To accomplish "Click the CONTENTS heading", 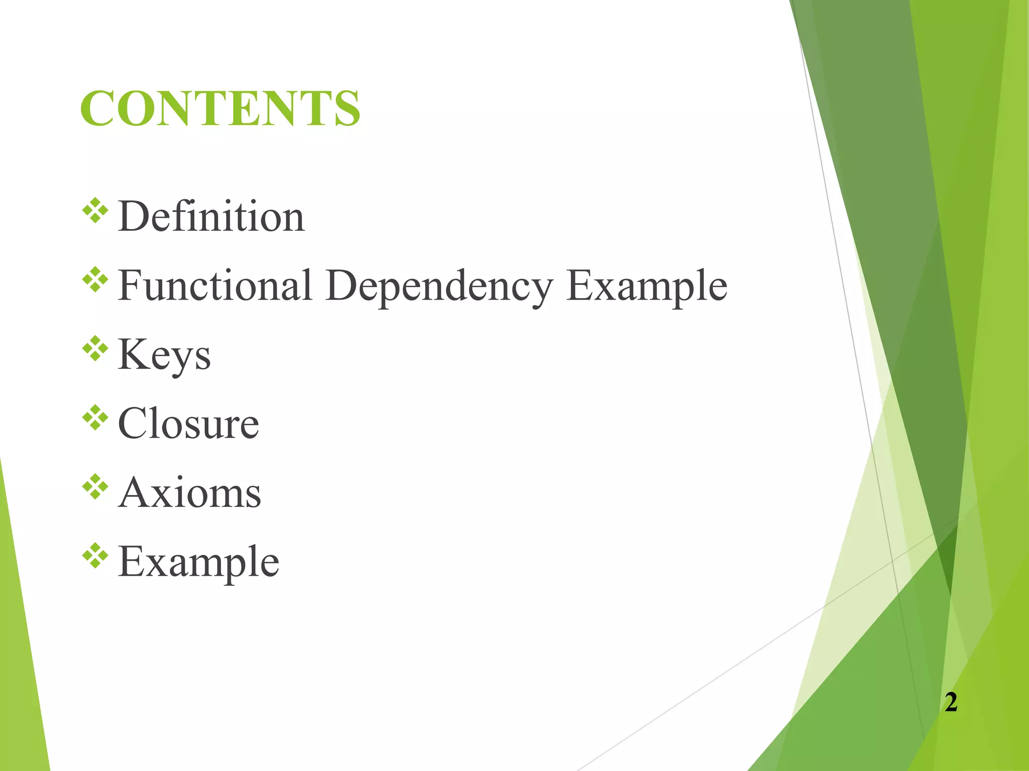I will coord(220,108).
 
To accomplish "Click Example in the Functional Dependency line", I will coord(646,286).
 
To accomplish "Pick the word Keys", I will coord(164,355).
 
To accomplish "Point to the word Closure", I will coord(188,424).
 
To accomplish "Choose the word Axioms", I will coord(190,493).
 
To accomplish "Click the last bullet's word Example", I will coord(198,562).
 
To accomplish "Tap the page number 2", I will coord(951,702).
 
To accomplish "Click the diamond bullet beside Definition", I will coord(95,211).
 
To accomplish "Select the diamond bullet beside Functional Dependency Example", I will coord(95,280).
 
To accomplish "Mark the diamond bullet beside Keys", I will coord(95,349).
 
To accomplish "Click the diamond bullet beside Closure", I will coord(95,418).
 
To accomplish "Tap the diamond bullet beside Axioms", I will coord(95,487).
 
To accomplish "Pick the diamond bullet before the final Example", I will coord(95,556).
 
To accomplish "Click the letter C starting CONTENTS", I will coord(98,108).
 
